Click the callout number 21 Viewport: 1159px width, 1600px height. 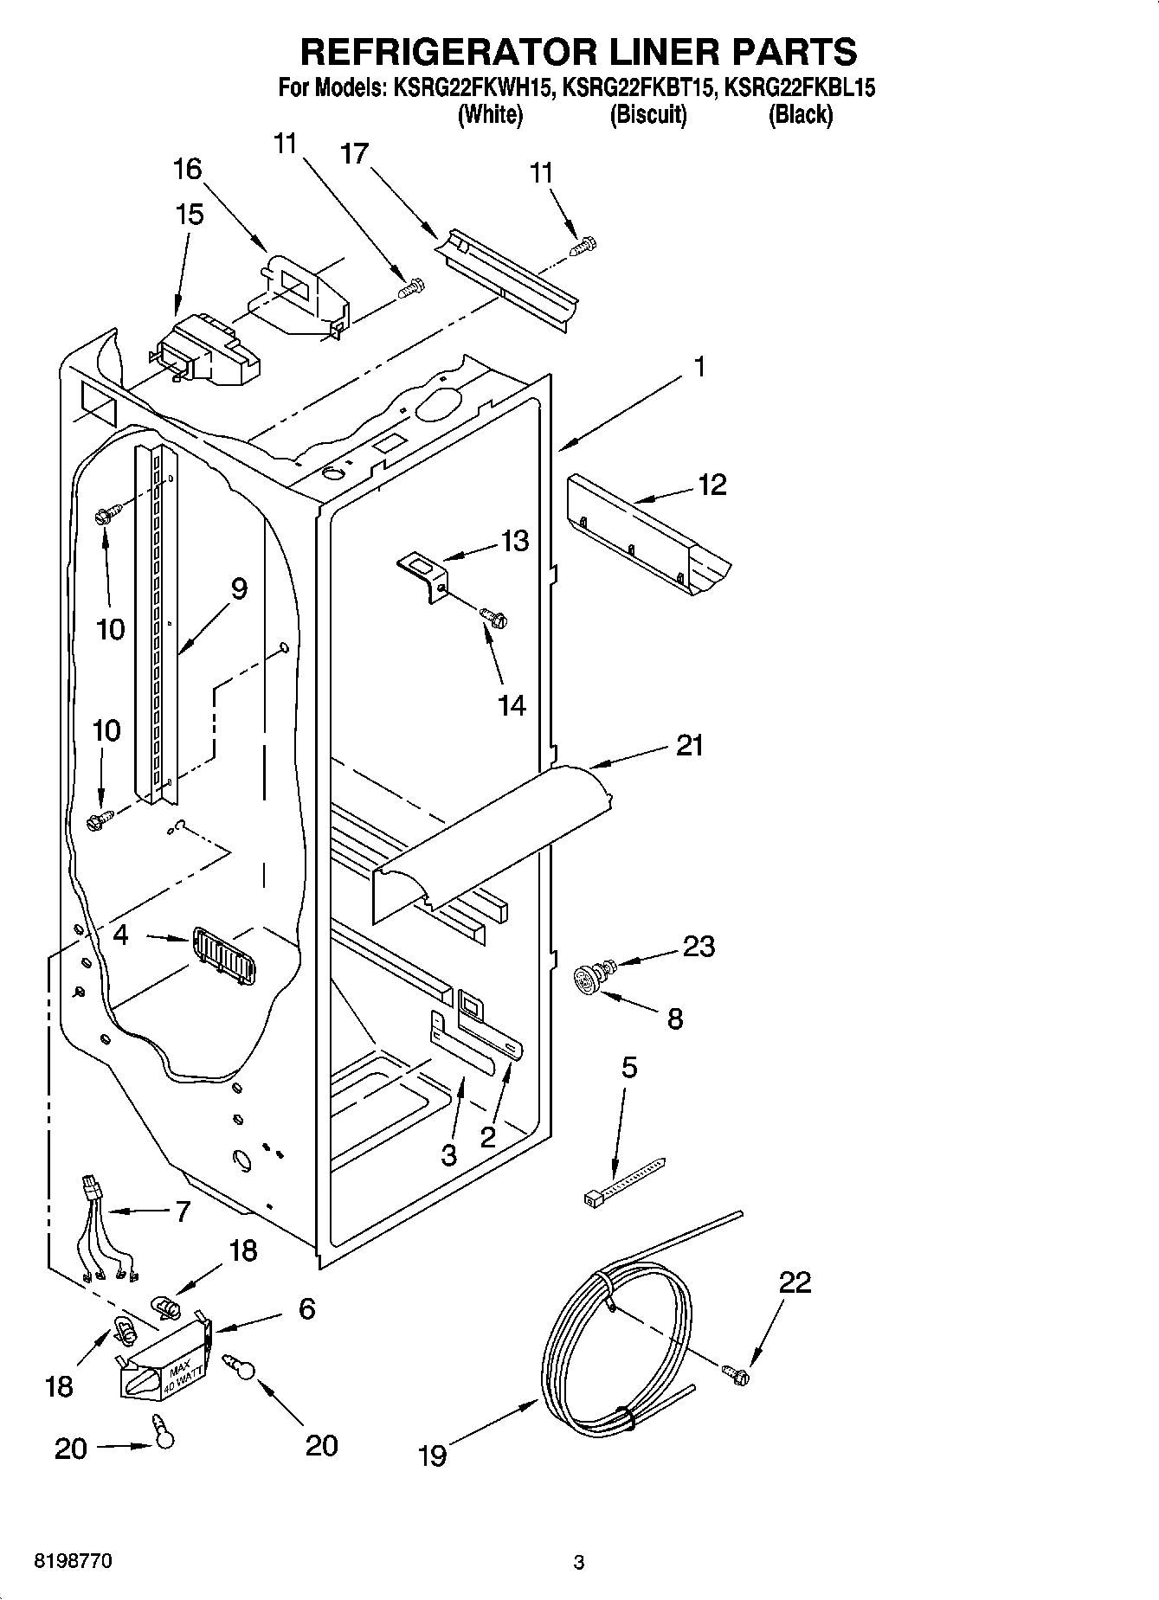point(689,745)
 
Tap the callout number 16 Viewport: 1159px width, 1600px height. point(188,170)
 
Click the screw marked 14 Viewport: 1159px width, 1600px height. point(493,617)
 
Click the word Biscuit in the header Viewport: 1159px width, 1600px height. point(648,114)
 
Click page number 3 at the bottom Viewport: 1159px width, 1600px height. point(579,1563)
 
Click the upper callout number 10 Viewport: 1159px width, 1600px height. point(110,629)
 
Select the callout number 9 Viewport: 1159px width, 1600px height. point(238,589)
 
